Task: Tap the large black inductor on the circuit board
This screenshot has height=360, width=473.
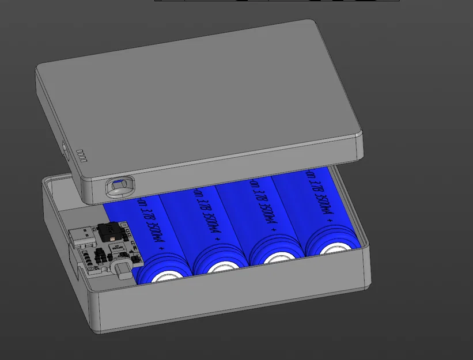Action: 111,232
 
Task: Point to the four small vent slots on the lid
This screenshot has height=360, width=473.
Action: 81,155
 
